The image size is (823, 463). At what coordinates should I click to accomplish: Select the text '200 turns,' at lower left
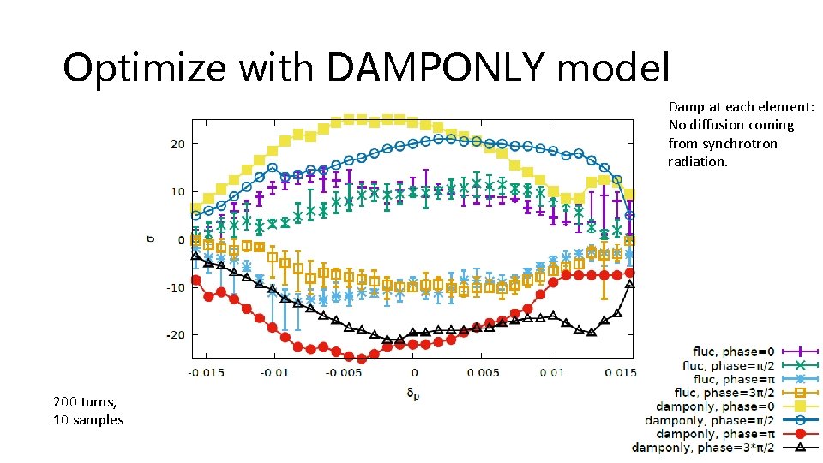[x=85, y=401]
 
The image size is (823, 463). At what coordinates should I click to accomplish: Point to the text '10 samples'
[x=88, y=420]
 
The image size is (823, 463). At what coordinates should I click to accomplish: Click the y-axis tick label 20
[x=177, y=144]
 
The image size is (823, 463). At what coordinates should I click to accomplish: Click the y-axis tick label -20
[x=175, y=335]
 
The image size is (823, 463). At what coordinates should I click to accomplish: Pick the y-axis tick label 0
[x=181, y=240]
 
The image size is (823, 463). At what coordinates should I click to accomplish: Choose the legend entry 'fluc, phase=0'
[x=734, y=352]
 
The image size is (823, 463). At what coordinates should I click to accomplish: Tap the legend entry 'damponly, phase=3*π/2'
[x=702, y=448]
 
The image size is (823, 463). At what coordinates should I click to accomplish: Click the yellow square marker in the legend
[x=799, y=406]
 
